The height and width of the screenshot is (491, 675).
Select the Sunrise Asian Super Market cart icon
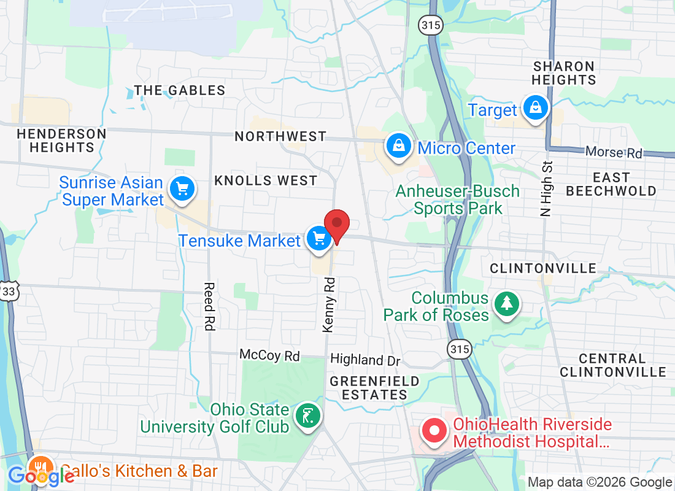(182, 188)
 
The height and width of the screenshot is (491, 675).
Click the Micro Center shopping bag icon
(398, 146)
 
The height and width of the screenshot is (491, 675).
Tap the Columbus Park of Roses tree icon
(507, 303)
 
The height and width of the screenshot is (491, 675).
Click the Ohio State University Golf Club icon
(307, 416)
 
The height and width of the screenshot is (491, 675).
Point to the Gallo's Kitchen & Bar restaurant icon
(40, 468)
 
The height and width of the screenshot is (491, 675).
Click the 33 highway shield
(9, 292)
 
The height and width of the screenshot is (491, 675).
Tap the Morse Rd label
(614, 152)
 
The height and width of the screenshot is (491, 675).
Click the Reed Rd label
(209, 306)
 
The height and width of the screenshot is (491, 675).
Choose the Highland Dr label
(365, 360)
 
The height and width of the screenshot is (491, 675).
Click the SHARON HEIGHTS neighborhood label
(564, 73)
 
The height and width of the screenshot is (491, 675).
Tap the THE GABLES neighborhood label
(180, 90)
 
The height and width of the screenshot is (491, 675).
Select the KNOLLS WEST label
(266, 180)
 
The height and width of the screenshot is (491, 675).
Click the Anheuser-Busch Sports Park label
(458, 199)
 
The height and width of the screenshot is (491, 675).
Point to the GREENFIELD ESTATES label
(374, 388)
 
